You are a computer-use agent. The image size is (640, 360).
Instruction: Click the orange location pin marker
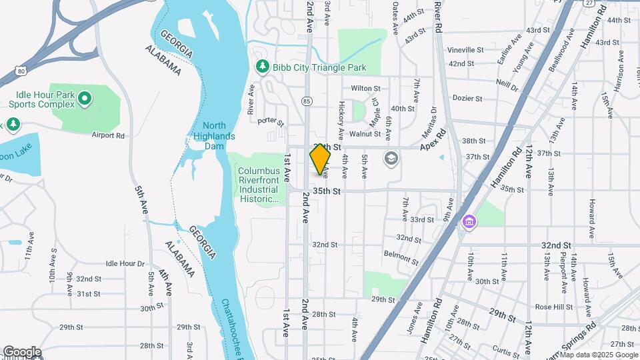coord(321,159)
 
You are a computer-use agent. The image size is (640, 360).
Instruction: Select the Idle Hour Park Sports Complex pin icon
coord(84,100)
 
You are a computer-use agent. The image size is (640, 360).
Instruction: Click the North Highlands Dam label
coord(219,135)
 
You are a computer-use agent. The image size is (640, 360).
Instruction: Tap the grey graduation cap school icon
coord(391,159)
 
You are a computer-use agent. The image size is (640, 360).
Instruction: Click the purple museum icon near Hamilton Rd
coord(469,221)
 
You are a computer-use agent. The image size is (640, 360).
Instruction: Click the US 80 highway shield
coord(21,70)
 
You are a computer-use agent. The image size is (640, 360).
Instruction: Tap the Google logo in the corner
coord(21,351)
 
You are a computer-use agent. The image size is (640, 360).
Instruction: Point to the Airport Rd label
coord(108,135)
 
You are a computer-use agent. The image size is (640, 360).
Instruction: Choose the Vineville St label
coord(465,50)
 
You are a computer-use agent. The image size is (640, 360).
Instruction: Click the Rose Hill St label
coord(553,307)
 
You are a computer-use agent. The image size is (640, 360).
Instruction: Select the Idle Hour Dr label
coord(125,264)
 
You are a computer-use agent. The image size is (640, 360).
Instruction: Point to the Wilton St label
coord(365,88)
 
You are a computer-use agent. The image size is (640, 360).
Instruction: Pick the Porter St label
coord(271,123)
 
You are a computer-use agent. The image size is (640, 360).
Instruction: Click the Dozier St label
coord(467,98)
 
